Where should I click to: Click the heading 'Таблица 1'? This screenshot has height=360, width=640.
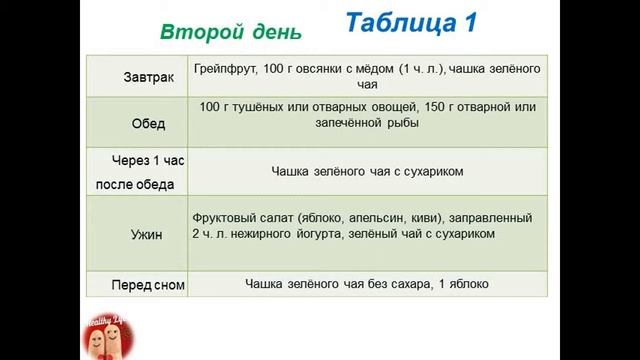click(x=410, y=24)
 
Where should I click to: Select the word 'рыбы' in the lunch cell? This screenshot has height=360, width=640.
click(x=400, y=123)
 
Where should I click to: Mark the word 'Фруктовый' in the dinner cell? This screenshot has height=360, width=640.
click(x=222, y=217)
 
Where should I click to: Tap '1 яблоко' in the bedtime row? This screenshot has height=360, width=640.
click(x=464, y=284)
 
